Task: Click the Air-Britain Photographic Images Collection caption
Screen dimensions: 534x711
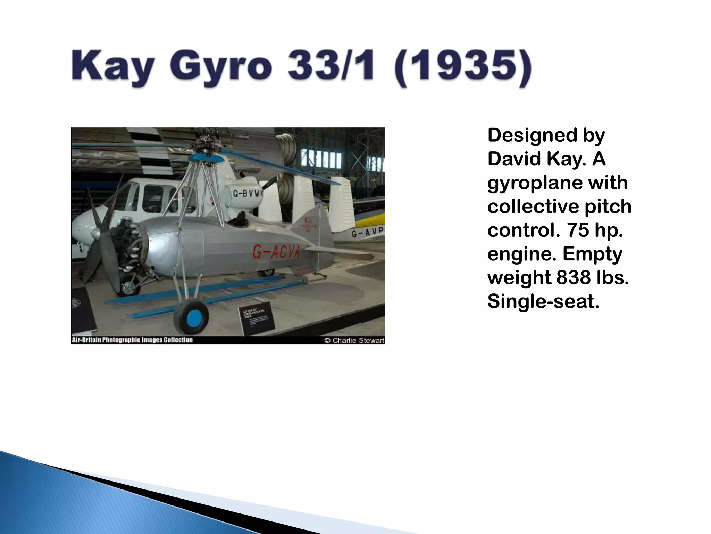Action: click(x=132, y=340)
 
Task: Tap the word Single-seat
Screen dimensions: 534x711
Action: click(x=543, y=301)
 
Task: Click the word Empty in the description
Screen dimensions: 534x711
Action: click(x=592, y=254)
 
